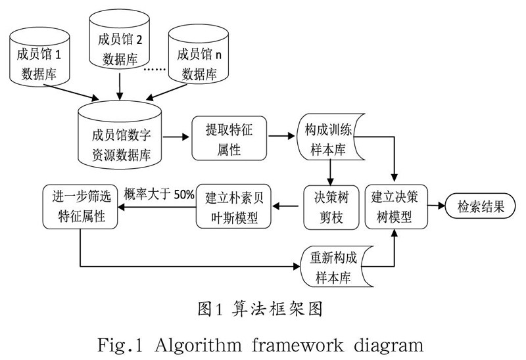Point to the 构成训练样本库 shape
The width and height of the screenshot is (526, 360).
tap(329, 139)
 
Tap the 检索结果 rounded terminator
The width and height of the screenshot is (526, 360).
tap(482, 206)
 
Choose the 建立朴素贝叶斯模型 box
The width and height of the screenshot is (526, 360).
tap(233, 206)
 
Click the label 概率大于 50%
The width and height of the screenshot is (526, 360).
tap(159, 193)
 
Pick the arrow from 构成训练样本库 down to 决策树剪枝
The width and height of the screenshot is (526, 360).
tap(329, 171)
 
